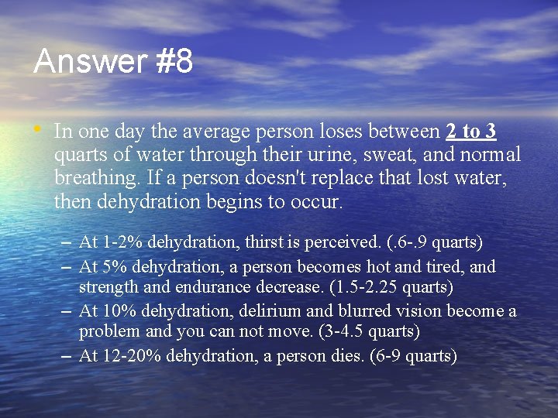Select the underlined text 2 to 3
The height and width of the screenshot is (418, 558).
471,131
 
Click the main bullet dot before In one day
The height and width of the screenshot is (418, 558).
39,128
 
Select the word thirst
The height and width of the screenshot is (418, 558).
264,243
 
